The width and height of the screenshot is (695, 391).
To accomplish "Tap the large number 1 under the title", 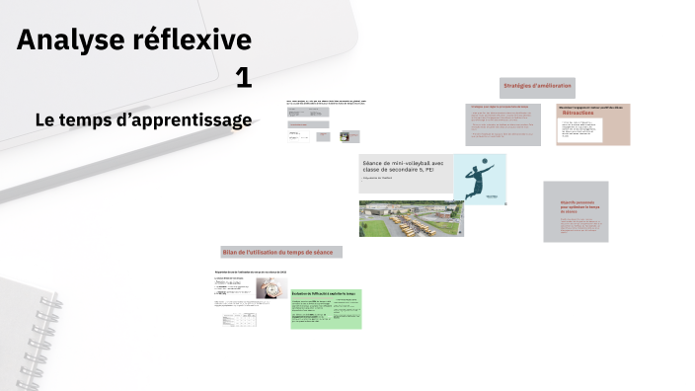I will [244, 78].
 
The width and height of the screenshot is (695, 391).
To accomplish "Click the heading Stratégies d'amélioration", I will [537, 87].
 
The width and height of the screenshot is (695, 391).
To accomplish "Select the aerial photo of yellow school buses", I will [410, 218].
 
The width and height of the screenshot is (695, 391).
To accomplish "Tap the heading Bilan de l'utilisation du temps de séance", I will [280, 253].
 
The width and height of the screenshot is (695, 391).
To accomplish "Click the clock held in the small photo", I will [268, 287].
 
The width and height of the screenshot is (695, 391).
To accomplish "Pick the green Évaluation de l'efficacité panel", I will [326, 308].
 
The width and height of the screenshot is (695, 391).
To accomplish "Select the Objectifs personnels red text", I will [575, 206].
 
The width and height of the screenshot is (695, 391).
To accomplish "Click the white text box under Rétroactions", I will [579, 130].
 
